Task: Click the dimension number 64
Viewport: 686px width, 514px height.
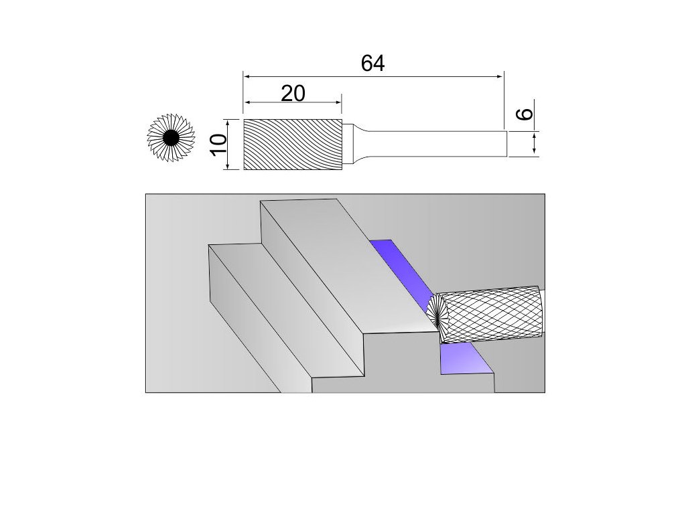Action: pos(372,63)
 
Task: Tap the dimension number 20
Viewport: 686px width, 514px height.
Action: pos(293,93)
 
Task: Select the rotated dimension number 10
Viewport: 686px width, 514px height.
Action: pos(216,144)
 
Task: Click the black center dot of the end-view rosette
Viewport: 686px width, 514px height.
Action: pos(170,139)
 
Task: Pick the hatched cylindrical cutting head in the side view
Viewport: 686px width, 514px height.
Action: pos(293,144)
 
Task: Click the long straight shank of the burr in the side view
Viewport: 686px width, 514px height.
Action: pos(435,143)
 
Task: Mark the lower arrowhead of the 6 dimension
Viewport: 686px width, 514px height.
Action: pos(535,152)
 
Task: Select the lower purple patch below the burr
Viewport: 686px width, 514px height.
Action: pos(465,360)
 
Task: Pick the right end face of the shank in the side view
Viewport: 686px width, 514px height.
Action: pos(507,143)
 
